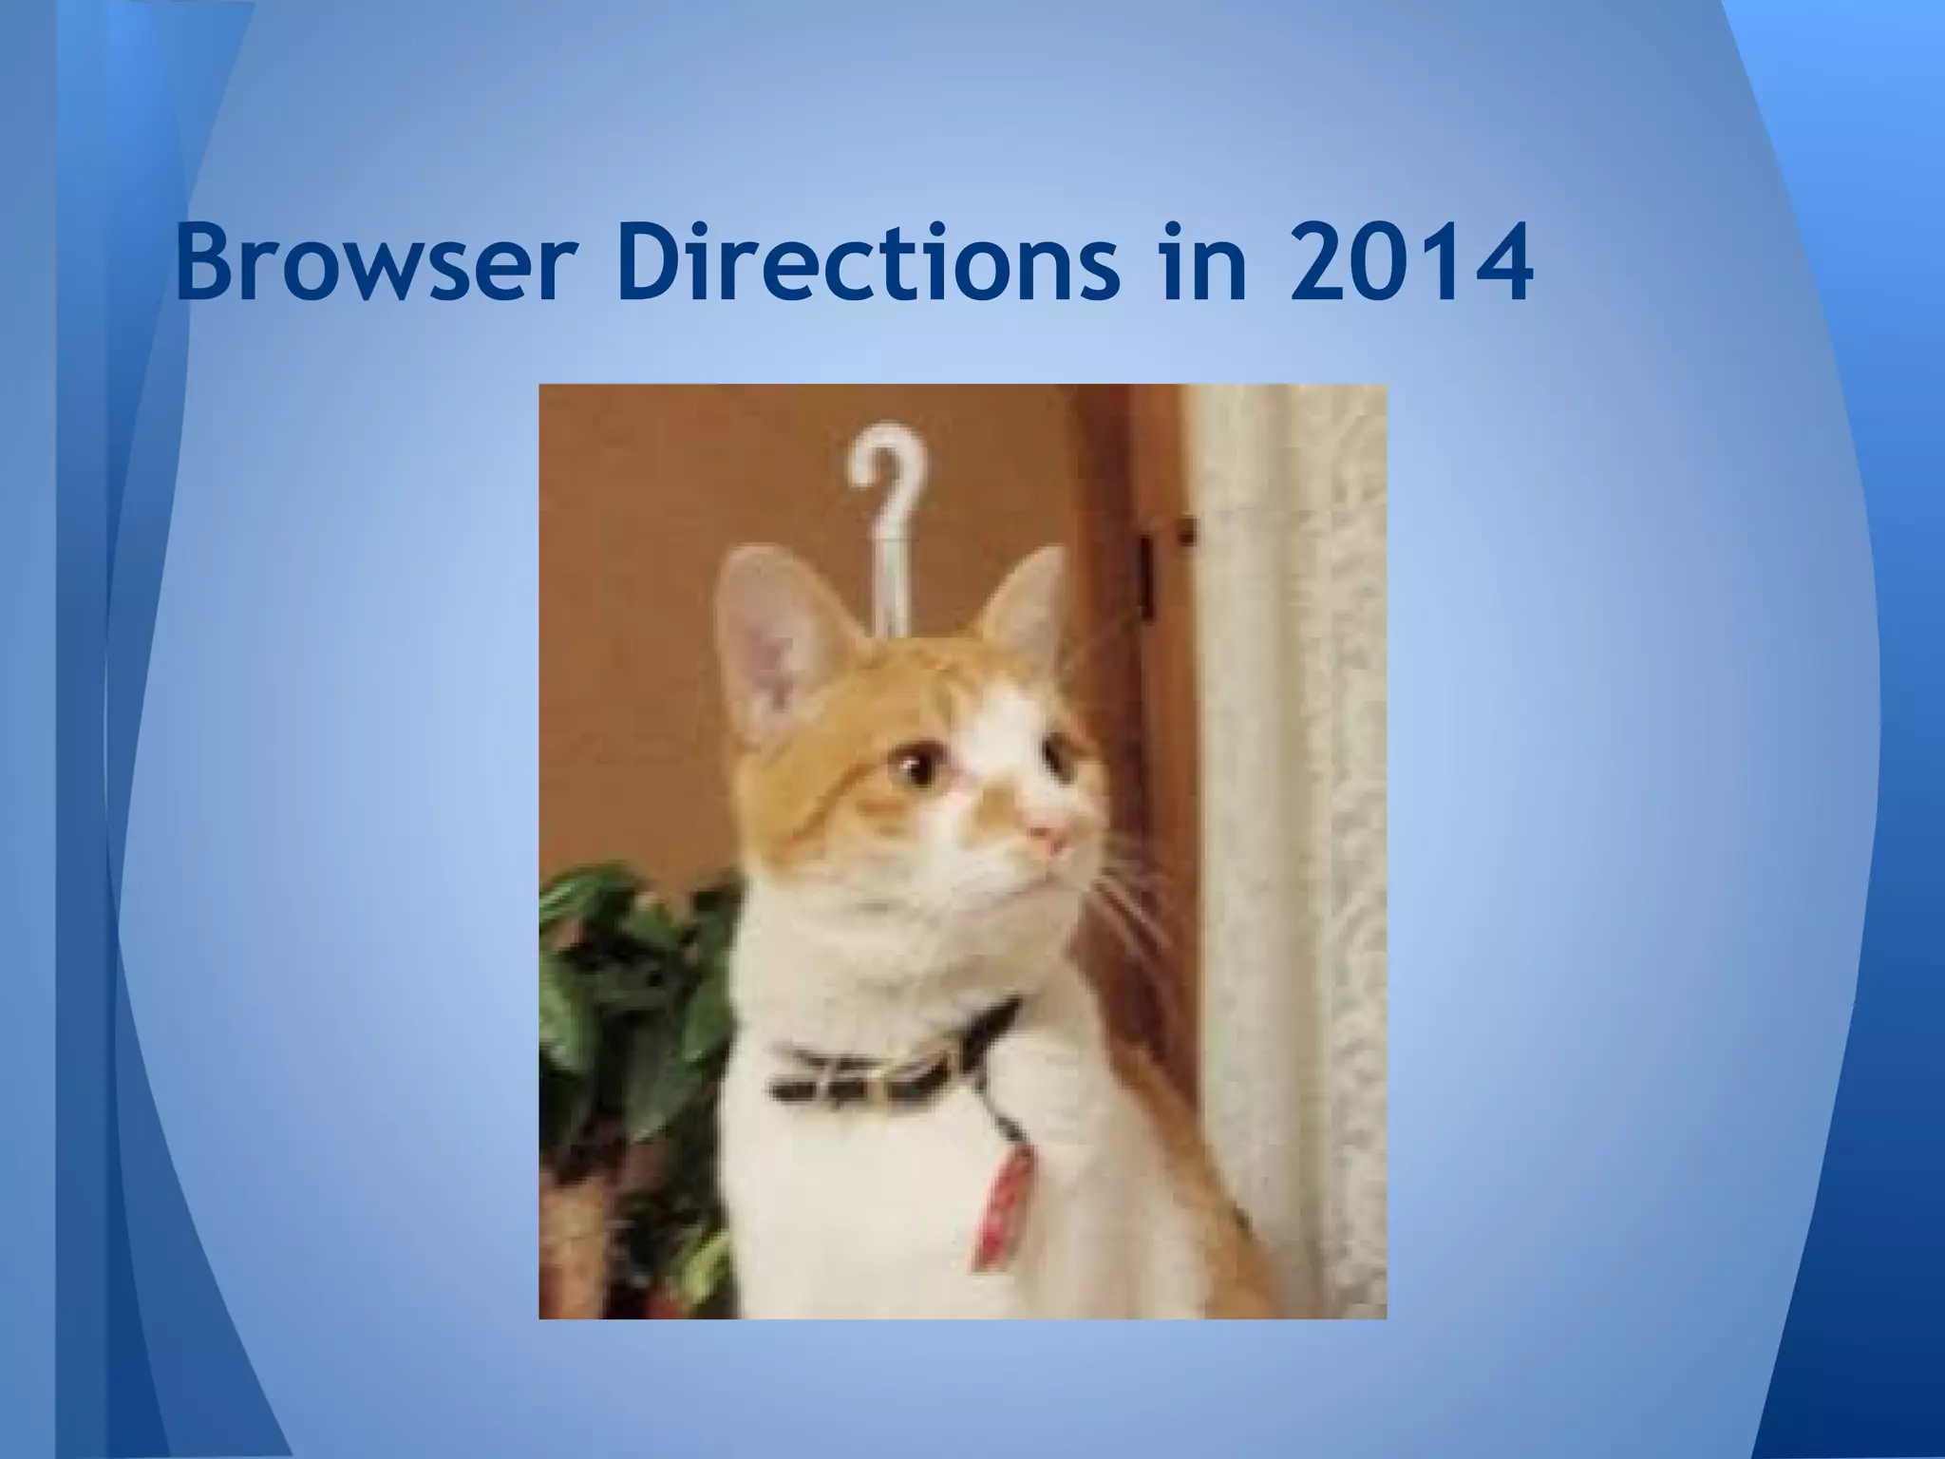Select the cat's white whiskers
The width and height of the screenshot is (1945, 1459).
click(1130, 902)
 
